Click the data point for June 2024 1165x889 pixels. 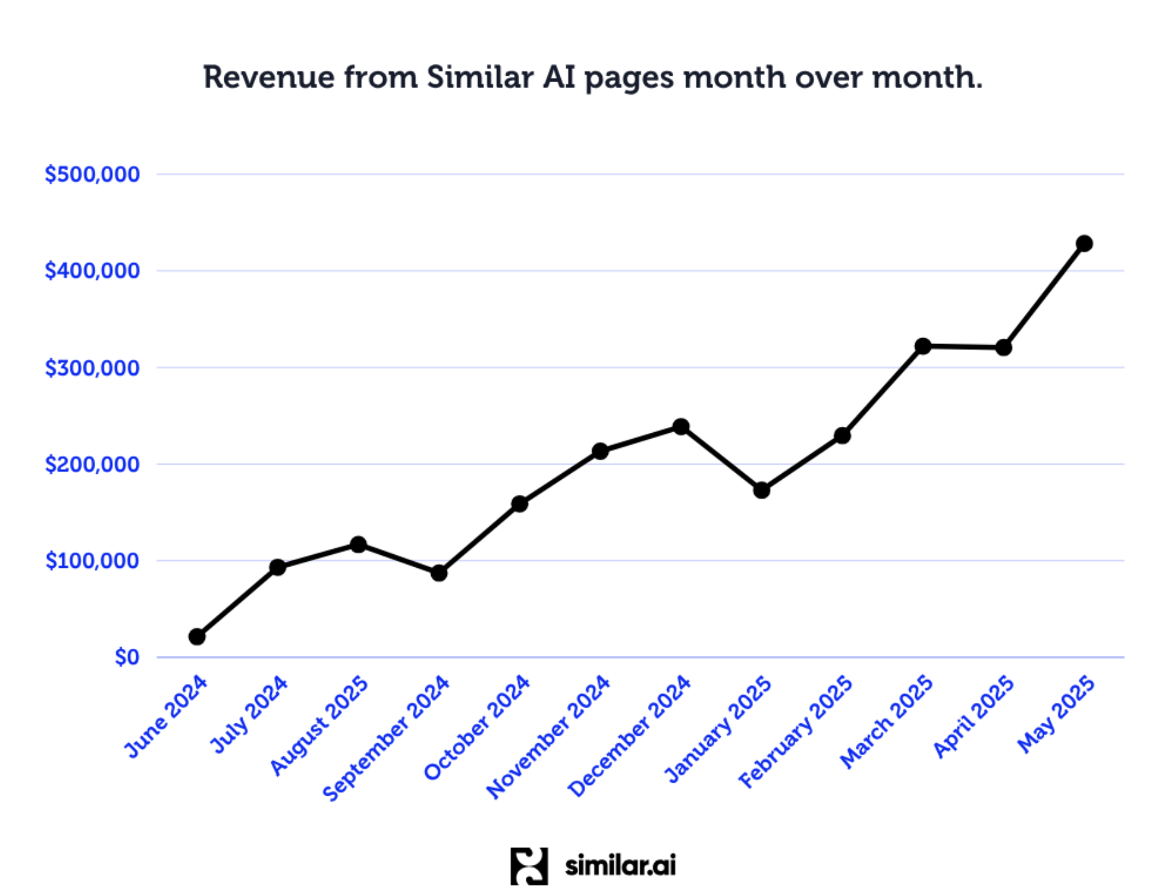click(x=197, y=636)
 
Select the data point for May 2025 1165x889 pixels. click(x=1084, y=243)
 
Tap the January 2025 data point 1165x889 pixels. click(x=761, y=490)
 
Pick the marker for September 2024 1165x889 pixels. click(x=439, y=572)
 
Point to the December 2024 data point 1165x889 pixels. click(x=680, y=426)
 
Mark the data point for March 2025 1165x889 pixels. click(x=922, y=346)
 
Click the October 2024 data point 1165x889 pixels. click(x=519, y=503)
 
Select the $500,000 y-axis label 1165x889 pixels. click(x=92, y=174)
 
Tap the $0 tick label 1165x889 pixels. click(x=127, y=657)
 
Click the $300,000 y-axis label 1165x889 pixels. click(x=92, y=368)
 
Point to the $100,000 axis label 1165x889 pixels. click(x=92, y=561)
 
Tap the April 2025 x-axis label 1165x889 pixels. click(x=974, y=717)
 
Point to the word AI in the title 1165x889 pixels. click(x=559, y=78)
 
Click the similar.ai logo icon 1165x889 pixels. click(x=528, y=866)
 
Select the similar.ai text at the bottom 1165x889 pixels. click(x=620, y=866)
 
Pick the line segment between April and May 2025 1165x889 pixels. click(x=1044, y=296)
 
